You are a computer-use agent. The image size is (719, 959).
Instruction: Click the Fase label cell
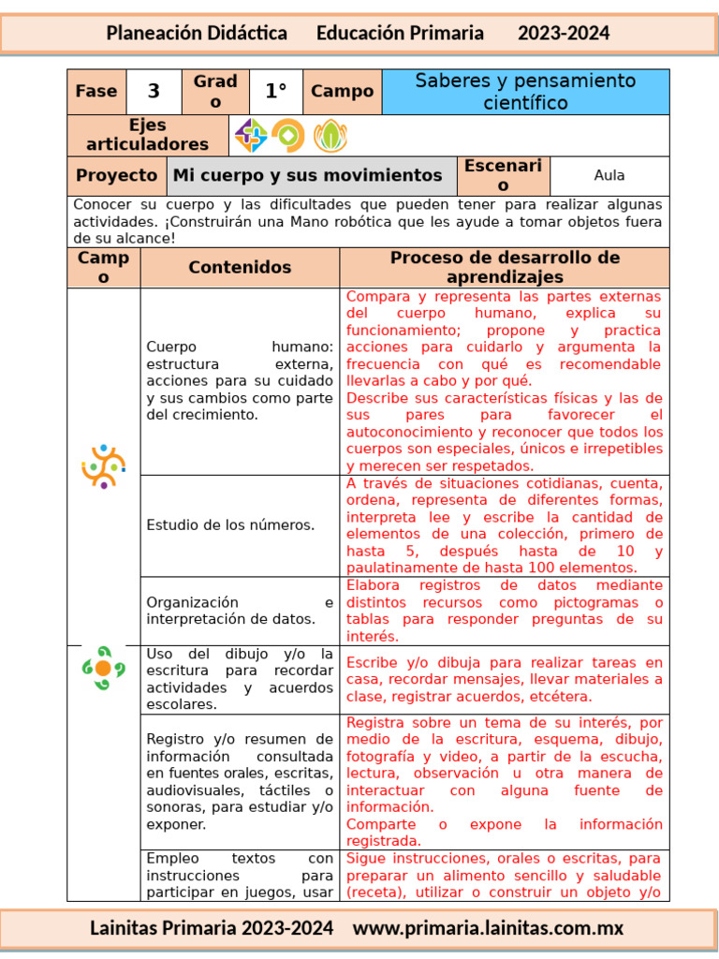(x=96, y=92)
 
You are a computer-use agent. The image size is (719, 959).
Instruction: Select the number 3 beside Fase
(x=154, y=92)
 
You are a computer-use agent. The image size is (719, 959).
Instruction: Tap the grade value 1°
(x=275, y=92)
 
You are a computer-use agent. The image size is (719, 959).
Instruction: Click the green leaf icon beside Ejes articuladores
(x=330, y=136)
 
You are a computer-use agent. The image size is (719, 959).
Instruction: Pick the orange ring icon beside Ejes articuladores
(x=288, y=136)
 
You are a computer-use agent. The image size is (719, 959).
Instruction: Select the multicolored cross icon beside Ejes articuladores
(x=250, y=136)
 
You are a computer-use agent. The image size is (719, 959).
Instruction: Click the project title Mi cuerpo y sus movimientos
(x=307, y=175)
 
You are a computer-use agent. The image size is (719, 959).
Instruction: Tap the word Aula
(x=609, y=175)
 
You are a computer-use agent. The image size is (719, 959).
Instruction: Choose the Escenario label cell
(x=503, y=175)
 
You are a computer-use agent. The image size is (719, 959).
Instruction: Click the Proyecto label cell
(x=116, y=175)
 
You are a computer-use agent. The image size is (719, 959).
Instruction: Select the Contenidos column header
(x=240, y=268)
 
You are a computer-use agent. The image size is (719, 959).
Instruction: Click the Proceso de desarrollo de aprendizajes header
(x=505, y=268)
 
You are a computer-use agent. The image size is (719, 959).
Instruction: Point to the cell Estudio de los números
(x=230, y=525)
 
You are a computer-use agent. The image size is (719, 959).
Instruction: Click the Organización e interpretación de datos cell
(x=240, y=611)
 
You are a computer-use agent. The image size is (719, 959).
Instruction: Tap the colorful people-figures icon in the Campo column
(x=103, y=465)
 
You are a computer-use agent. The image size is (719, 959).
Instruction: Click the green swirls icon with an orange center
(x=103, y=668)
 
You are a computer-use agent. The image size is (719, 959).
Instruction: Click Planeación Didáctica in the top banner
(x=197, y=34)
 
